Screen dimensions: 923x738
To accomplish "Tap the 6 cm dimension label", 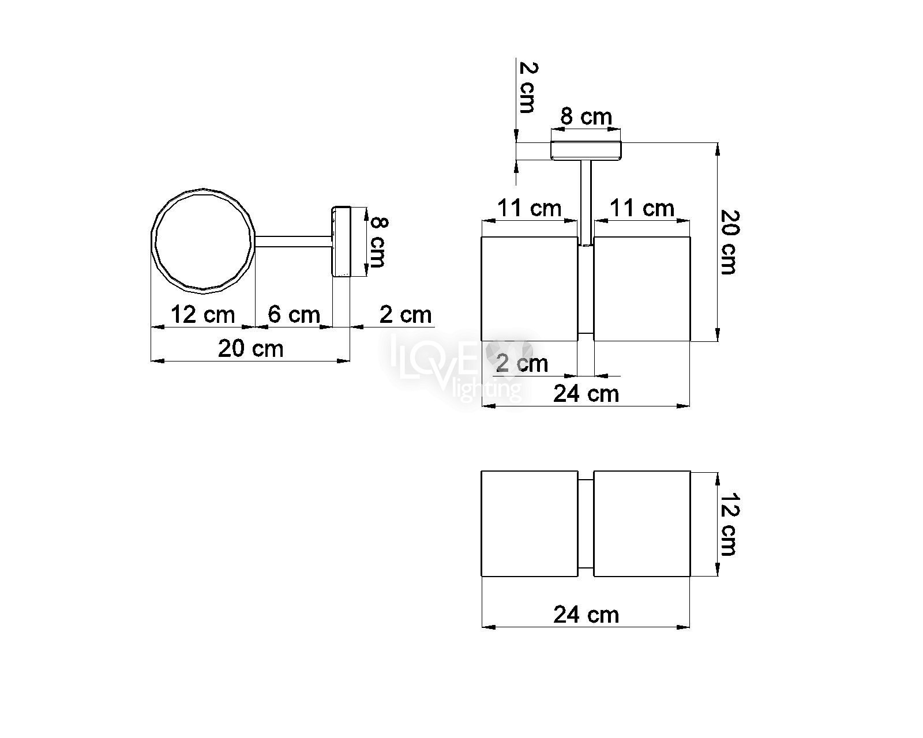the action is (x=294, y=315).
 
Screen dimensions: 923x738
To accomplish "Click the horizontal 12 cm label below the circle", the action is (x=203, y=315).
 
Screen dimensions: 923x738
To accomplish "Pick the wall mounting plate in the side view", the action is (x=341, y=242).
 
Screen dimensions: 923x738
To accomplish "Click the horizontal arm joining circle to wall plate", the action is (x=294, y=242).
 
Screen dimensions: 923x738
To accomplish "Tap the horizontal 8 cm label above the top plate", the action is (x=586, y=116).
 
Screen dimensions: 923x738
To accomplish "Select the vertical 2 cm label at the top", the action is (x=527, y=88).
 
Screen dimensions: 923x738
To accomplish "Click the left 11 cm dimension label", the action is (x=529, y=209).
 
